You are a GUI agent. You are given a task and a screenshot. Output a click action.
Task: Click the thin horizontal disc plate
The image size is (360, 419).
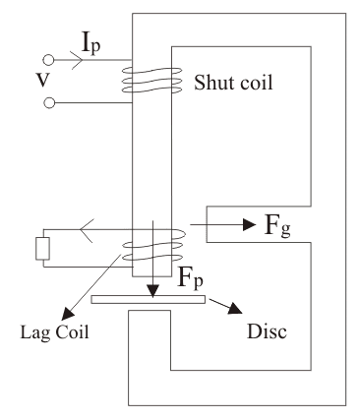click(148, 298)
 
